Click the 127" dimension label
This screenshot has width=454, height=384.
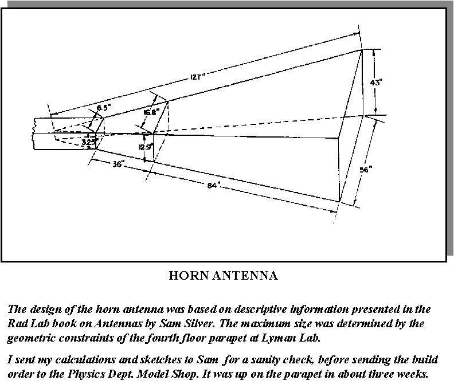[198, 77]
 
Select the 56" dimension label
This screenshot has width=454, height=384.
[366, 170]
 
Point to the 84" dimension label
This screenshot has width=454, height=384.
[213, 185]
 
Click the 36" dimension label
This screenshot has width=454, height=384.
[118, 164]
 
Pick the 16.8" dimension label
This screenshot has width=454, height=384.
[152, 112]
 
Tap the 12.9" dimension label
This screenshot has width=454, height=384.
[146, 147]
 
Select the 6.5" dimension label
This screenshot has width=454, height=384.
[104, 108]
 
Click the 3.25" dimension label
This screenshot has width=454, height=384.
[90, 142]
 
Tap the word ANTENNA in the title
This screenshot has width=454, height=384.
[245, 276]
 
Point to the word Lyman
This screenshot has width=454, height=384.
[279, 338]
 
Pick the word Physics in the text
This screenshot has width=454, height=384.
[84, 374]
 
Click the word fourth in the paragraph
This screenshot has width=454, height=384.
[159, 338]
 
